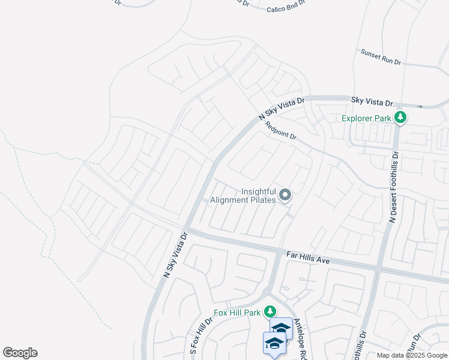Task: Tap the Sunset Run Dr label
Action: (x=380, y=58)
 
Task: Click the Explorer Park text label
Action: (x=366, y=118)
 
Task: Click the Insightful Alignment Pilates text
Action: (x=258, y=196)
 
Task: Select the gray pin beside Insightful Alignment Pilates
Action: (x=286, y=195)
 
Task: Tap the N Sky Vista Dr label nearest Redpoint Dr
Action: (x=282, y=108)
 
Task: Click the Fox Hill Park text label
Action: (x=238, y=313)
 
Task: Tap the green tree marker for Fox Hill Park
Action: (x=271, y=311)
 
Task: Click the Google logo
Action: (x=20, y=353)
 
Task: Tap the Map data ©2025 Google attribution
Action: (x=411, y=355)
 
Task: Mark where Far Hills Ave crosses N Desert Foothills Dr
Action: (x=378, y=268)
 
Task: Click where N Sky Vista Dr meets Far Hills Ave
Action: (x=186, y=230)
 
